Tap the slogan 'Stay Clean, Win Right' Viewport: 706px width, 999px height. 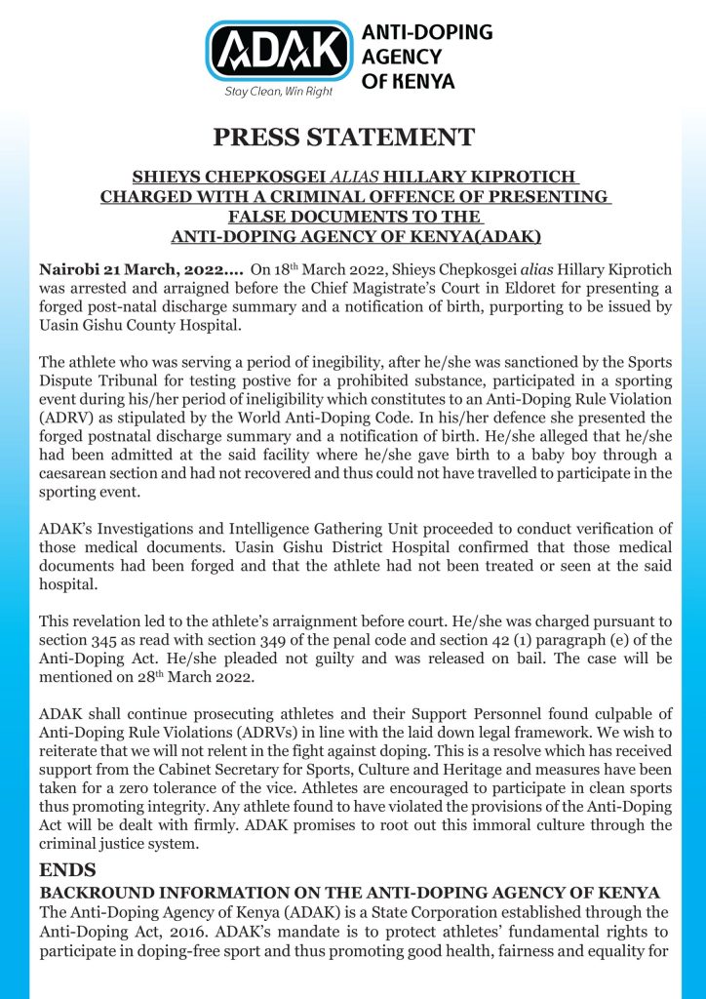coord(278,91)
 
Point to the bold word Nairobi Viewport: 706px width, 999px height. coord(69,268)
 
